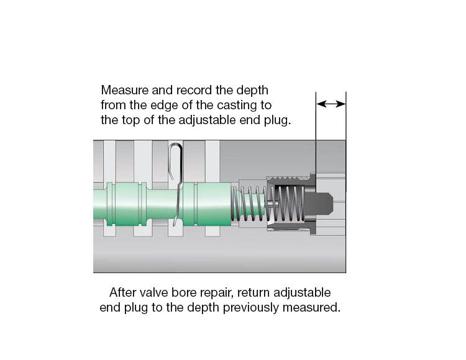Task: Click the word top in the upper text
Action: coord(130,121)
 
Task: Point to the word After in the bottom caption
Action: coord(122,292)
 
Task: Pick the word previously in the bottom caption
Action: coord(250,308)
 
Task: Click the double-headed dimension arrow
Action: coord(331,104)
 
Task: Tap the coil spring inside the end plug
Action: coord(286,204)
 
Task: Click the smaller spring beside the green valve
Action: coord(247,204)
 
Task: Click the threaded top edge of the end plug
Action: coord(289,178)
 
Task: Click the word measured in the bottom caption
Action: coord(311,307)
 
